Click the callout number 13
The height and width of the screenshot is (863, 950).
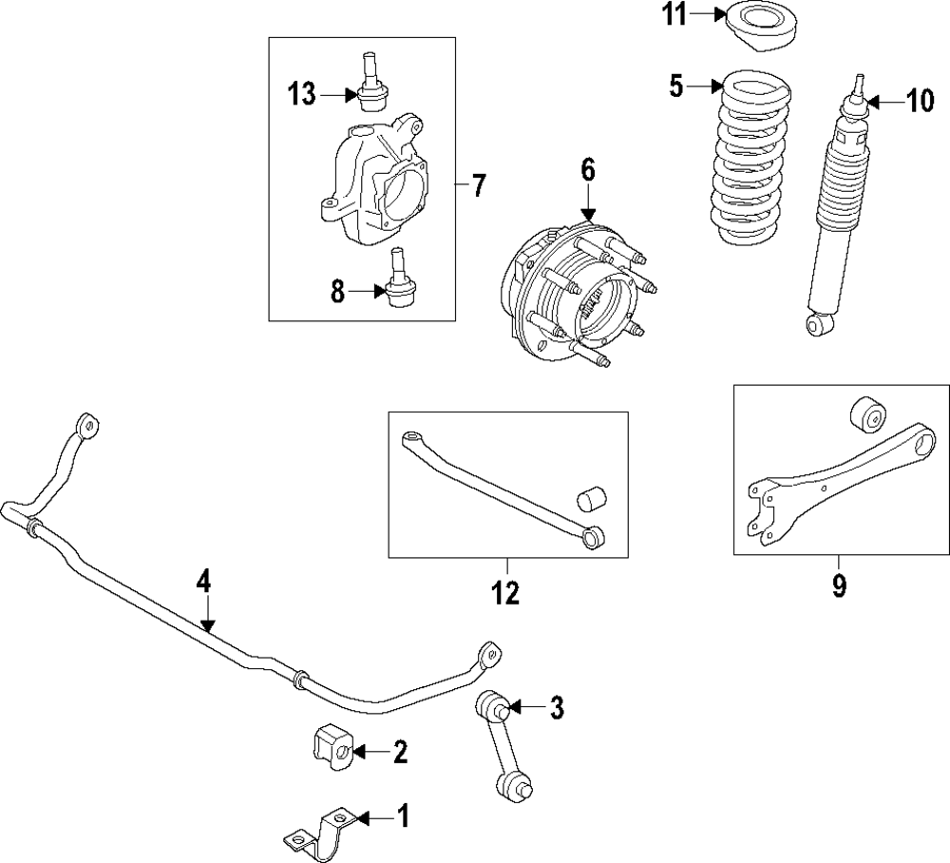tap(302, 93)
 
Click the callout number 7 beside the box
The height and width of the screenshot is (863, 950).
tap(478, 184)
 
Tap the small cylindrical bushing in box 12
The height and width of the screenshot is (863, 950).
tap(593, 499)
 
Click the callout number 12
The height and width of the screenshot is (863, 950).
tap(505, 593)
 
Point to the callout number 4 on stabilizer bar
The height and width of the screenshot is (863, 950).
tap(203, 581)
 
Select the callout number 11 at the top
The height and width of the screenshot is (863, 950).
tap(674, 14)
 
